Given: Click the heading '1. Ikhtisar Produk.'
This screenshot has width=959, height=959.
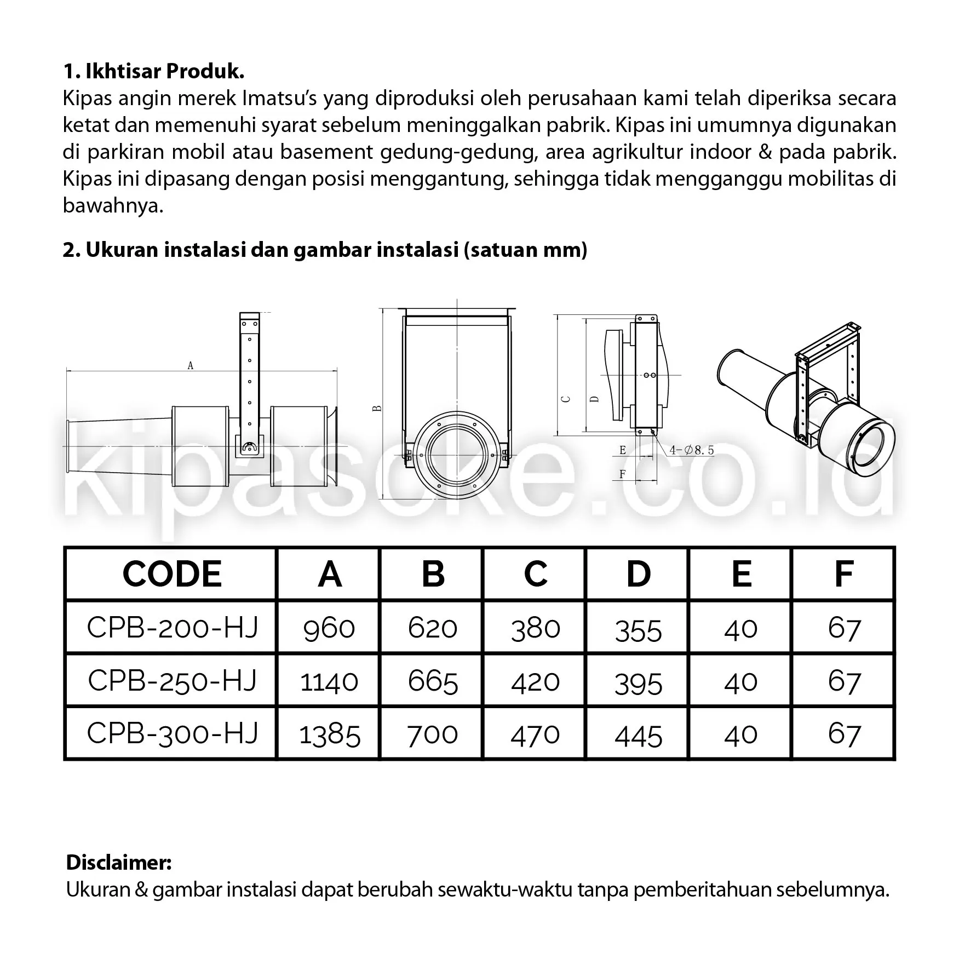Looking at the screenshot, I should pos(153,72).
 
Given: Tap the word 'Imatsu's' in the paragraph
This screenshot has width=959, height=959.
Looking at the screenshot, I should pos(277,99).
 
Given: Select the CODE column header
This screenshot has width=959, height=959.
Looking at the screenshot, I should pos(171,574).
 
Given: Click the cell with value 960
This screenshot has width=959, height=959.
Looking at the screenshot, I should pos(329,627).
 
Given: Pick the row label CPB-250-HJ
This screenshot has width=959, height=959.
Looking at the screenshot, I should pos(171,680).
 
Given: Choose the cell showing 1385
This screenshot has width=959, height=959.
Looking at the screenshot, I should pos(330,734).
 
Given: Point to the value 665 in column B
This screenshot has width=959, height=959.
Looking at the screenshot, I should pos(432,681).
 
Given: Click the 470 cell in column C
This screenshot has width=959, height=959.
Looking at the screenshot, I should pos(535,734).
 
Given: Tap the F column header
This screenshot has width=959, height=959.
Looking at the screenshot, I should pos(843,574).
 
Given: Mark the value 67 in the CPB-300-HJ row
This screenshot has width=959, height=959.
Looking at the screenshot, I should pos(844,733).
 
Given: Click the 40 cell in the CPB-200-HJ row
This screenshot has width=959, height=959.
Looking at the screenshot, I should pos(740,628).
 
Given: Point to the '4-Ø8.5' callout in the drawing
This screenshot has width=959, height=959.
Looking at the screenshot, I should pos(691,450).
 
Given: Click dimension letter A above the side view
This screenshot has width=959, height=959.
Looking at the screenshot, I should pos(190,365).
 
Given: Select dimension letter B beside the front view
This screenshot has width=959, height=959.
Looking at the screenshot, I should pos(376,409).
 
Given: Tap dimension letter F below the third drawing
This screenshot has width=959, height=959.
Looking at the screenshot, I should pos(622,474).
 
